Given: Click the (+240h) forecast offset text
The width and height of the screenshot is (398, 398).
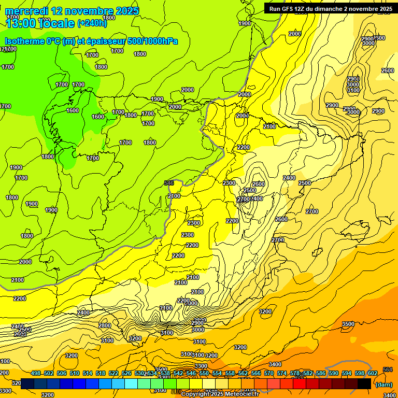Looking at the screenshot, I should point(92,22).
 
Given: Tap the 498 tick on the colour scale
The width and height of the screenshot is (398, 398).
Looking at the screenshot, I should point(36,373).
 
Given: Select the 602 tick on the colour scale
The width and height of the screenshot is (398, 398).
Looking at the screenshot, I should point(372,373).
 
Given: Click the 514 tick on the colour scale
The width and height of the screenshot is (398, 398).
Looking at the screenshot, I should point(88,373).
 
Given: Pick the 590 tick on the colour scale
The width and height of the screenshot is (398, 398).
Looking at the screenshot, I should point(333,373).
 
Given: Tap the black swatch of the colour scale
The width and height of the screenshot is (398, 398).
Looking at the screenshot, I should point(364,383).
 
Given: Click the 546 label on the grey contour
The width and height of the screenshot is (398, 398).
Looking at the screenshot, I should point(168,183).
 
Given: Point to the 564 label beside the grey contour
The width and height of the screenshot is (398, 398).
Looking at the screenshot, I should point(387,369).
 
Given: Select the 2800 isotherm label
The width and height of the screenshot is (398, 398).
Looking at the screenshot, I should point(105,325).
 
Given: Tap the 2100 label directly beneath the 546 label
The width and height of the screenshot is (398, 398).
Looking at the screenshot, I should point(174,196).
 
